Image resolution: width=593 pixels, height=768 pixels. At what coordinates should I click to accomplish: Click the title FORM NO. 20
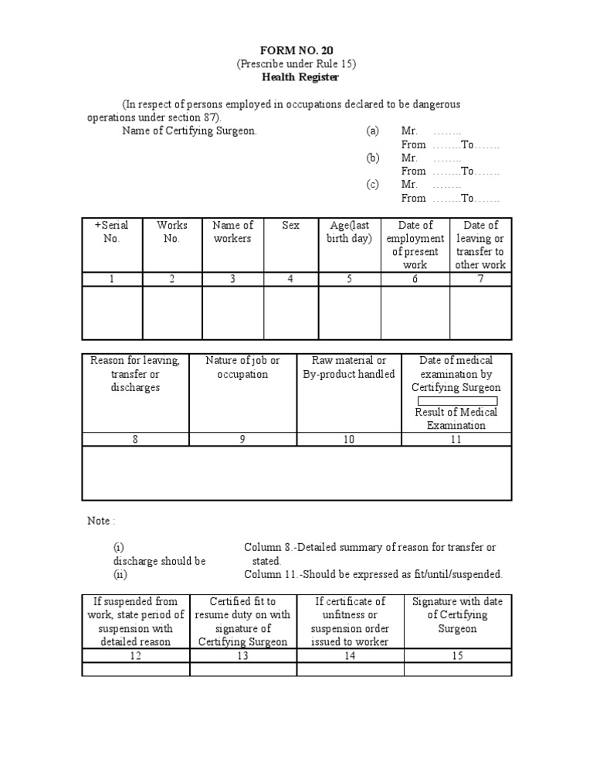point(296,50)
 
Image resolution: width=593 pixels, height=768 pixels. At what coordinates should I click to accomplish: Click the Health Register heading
point(296,77)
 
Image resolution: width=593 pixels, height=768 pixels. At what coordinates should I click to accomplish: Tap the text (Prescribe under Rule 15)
point(296,63)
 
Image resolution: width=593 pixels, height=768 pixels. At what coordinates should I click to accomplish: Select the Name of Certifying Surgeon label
point(189,131)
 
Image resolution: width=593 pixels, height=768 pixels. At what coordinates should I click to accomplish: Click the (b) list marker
point(373,158)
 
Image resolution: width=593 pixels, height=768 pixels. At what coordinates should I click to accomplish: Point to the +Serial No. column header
point(112,232)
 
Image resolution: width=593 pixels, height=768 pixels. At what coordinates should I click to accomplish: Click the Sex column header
point(290,226)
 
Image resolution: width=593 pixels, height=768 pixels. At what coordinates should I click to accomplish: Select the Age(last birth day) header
point(349,232)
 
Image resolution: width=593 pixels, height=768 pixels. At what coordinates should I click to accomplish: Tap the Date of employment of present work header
point(415,245)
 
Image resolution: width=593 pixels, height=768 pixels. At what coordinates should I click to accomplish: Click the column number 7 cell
point(480,279)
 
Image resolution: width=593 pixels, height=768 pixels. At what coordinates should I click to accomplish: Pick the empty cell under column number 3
point(232,313)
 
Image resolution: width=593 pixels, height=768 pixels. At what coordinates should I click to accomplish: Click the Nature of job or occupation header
point(242,367)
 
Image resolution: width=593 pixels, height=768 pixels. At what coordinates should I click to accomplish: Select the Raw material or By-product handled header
point(349,367)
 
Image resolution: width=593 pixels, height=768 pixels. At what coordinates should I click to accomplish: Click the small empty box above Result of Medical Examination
point(457,401)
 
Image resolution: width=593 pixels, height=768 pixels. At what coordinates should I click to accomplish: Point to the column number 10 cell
point(349,439)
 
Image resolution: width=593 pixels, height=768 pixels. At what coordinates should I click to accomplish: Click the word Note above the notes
point(99,521)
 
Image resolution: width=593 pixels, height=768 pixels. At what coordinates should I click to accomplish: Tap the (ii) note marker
point(120,574)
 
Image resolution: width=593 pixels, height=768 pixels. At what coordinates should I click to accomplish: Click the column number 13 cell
point(242,655)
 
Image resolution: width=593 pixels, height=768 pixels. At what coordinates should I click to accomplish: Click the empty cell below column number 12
point(136,669)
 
